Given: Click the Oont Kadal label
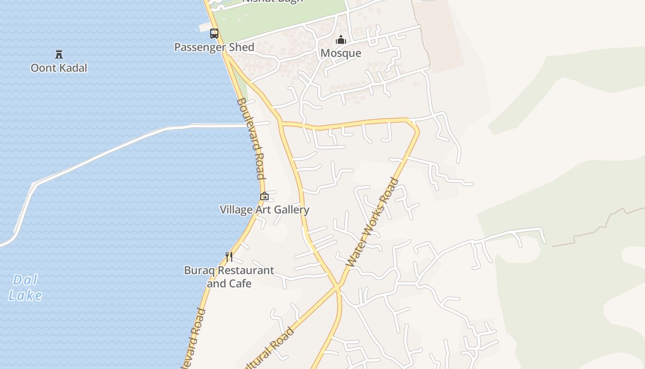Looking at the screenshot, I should click(x=59, y=68).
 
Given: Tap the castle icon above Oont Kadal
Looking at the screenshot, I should click(x=59, y=54).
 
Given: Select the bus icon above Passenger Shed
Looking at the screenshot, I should click(x=214, y=33).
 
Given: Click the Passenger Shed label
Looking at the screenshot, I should click(x=214, y=47).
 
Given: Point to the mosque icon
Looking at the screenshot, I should click(x=341, y=40).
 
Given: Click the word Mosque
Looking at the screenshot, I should click(x=340, y=53).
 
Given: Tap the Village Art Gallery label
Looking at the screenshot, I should click(x=264, y=210).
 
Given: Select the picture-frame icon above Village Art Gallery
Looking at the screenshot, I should click(x=264, y=196).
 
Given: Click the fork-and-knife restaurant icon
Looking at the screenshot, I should click(x=229, y=256).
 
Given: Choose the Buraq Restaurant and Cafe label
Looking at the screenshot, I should click(x=229, y=276).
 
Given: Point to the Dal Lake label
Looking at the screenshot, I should click(x=25, y=287).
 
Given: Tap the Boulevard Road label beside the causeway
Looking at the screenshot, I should click(x=251, y=138).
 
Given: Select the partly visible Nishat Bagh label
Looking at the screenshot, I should click(x=273, y=1).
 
